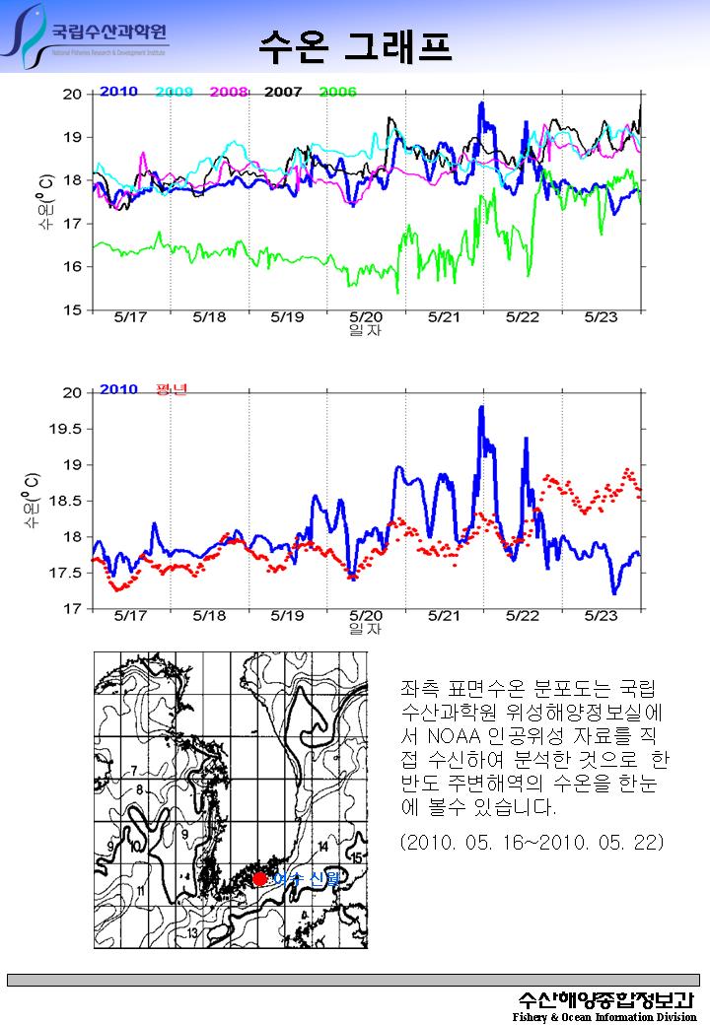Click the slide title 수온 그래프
tap(356, 44)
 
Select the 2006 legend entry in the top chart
tap(337, 92)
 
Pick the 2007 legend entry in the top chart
tap(283, 92)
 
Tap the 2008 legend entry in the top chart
tap(229, 92)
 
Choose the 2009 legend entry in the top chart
tap(174, 92)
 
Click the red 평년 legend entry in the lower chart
tap(172, 389)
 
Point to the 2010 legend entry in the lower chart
tap(118, 389)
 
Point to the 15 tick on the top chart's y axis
tap(72, 310)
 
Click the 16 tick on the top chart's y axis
tap(72, 267)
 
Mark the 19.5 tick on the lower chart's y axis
tap(67, 429)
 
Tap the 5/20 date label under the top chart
tap(366, 317)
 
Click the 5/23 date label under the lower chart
tap(601, 616)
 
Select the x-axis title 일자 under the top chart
tap(365, 330)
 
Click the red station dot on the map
tap(259, 879)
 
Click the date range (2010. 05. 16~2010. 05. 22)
tap(532, 843)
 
